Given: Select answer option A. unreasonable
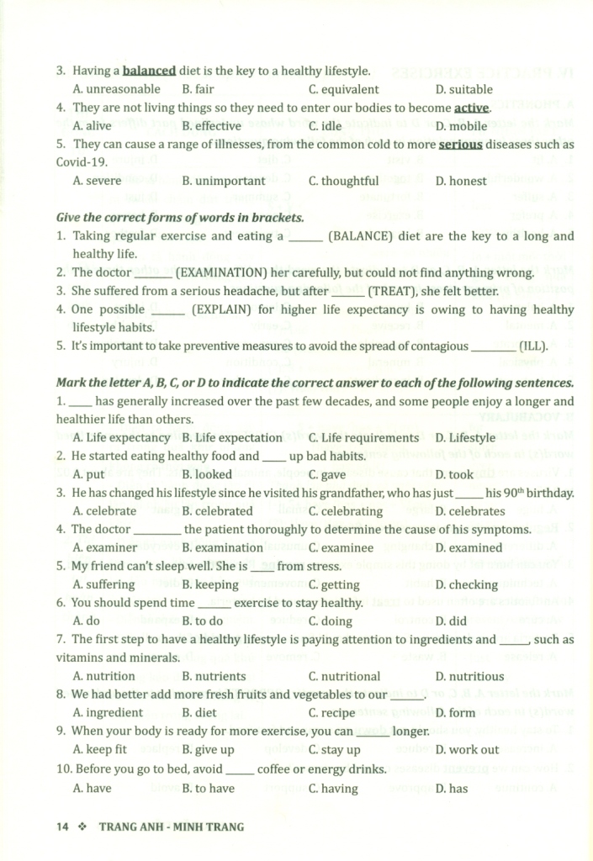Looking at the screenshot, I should [116, 89].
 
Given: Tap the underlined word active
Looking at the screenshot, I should [472, 108].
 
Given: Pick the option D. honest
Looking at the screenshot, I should [461, 181].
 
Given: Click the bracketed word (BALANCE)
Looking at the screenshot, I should [361, 236].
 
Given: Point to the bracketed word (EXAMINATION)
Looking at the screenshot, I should [227, 272].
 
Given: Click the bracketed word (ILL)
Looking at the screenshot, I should [532, 346].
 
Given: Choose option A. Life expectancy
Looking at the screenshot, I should [121, 437].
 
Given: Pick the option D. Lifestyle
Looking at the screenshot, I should [465, 437].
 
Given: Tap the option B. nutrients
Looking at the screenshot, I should [214, 676].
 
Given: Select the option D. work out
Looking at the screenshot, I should [467, 749].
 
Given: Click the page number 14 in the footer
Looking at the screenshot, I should [61, 827].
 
